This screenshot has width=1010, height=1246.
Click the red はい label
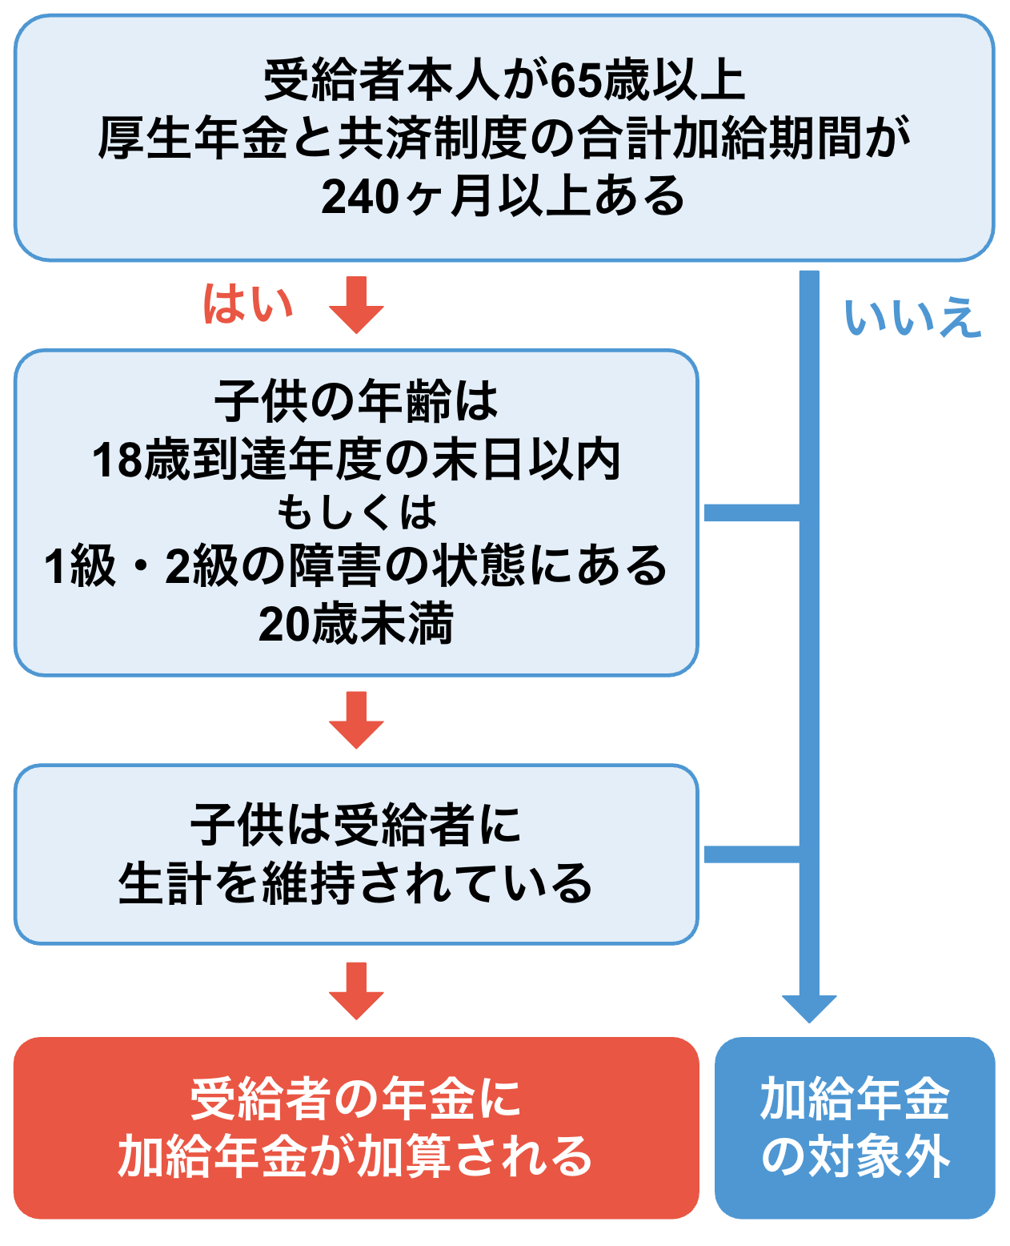[248, 303]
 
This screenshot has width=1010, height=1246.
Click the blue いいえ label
[912, 317]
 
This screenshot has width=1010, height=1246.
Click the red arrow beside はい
[356, 305]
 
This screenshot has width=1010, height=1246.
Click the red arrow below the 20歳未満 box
[356, 719]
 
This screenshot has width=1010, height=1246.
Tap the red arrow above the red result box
[356, 991]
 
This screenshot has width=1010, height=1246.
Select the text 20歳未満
[356, 625]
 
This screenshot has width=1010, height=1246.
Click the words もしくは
[356, 512]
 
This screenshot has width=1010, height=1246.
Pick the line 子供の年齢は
[356, 401]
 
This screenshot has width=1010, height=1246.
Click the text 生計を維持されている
[356, 883]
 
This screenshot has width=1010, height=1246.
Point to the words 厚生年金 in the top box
[192, 139]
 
